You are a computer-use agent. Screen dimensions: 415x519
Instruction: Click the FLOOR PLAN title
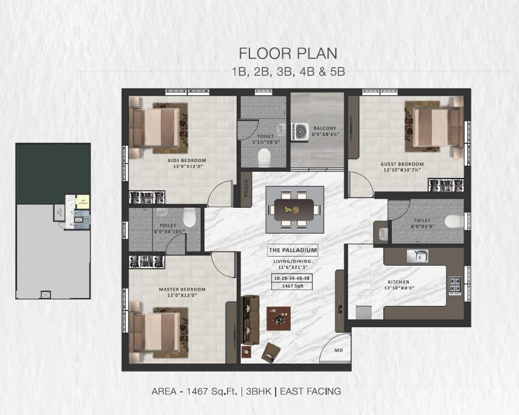tap(288, 53)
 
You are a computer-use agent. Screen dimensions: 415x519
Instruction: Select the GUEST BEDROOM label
tap(402, 164)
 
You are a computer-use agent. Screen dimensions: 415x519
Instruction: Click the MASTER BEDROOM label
tap(182, 289)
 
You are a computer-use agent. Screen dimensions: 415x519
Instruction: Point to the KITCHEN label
tap(399, 282)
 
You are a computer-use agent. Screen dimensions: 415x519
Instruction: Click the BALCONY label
tap(325, 128)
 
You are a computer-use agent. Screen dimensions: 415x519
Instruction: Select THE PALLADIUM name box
tap(293, 250)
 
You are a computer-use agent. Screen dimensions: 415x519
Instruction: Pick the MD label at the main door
tap(339, 350)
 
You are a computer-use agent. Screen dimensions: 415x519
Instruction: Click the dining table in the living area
tap(294, 210)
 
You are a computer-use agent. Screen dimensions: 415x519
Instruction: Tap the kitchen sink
tap(419, 256)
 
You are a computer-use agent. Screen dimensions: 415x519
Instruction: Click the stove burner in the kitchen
tap(455, 283)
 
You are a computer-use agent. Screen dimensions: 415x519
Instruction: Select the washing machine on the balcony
tap(300, 131)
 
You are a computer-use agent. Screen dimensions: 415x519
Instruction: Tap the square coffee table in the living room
tap(279, 318)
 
